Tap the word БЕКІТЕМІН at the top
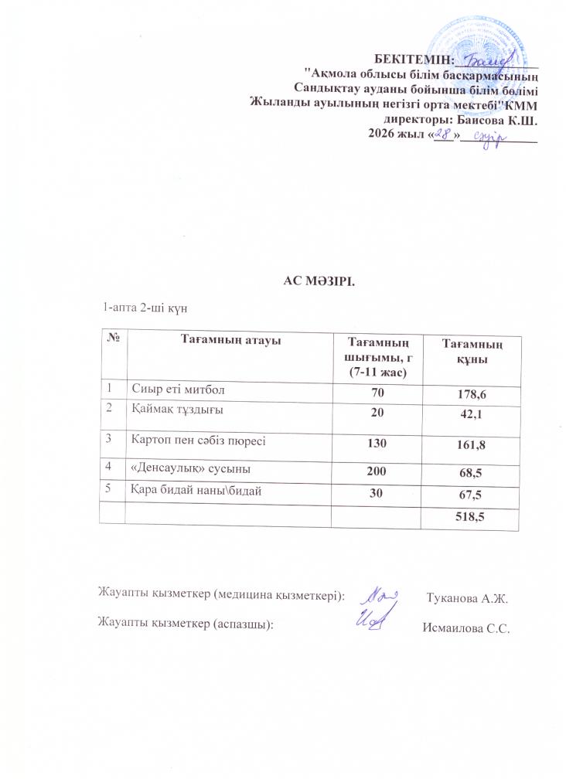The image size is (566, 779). [414, 59]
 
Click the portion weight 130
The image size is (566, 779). [377, 442]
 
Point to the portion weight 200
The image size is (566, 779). [377, 468]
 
